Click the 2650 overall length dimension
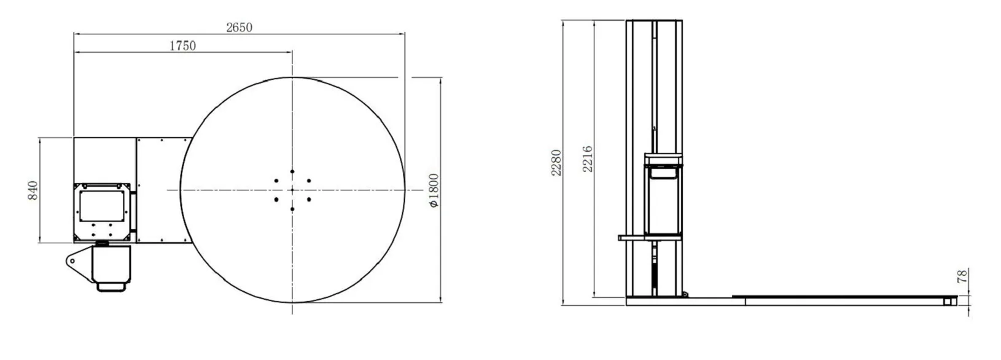pos(239,28)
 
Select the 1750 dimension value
pos(183,45)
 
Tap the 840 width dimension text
pos(33,190)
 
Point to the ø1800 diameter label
pos(434,190)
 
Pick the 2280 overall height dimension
pos(556,163)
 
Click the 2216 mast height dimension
pos(588,158)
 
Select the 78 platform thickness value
pos(962,275)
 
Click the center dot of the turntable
pos(292,190)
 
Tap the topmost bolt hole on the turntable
pos(292,171)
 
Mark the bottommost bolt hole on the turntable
pos(292,209)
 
